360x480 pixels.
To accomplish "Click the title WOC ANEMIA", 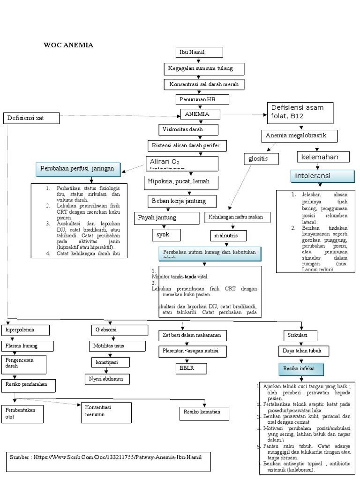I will point(68,45).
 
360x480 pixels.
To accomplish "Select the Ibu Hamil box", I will point(199,52).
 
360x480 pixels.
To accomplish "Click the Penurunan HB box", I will point(202,99).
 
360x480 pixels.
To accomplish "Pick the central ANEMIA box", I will point(201,114).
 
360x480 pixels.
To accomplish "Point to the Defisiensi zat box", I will point(32,118).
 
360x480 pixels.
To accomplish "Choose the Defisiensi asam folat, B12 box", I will point(300,112).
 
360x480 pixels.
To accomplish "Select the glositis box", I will point(261,159).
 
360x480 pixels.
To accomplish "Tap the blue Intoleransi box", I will point(322,176).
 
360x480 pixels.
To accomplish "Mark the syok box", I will point(166,234).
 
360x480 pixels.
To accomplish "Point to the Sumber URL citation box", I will point(105,461).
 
